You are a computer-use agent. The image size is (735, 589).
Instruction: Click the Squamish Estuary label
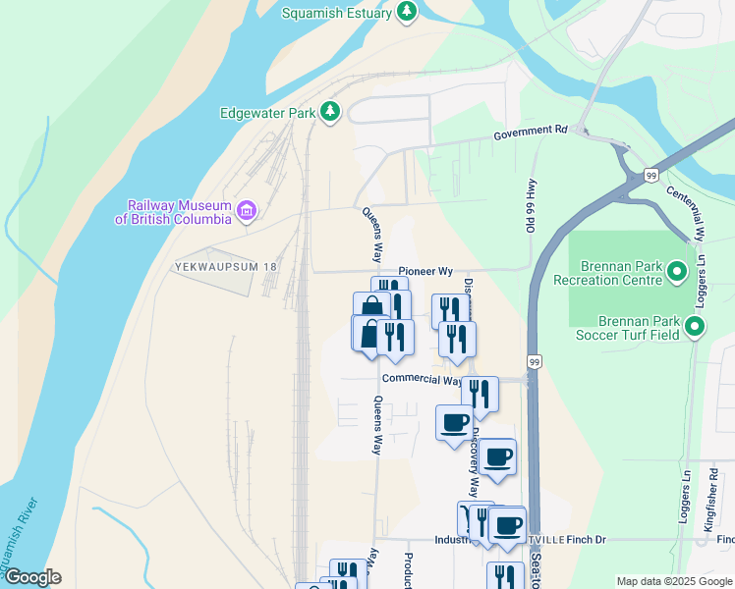(336, 13)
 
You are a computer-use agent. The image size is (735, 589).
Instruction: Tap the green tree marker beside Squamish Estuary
(407, 12)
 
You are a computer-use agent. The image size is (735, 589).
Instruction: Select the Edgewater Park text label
(268, 113)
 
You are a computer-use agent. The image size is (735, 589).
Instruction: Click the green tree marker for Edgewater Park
(332, 112)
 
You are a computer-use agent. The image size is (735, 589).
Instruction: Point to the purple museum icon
(246, 209)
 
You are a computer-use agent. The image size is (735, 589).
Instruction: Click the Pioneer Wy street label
(425, 271)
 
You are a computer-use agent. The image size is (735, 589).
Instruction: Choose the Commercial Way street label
(421, 380)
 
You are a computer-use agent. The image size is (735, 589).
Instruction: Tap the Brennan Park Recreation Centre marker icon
(676, 271)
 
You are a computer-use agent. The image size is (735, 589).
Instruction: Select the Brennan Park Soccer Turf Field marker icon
(696, 327)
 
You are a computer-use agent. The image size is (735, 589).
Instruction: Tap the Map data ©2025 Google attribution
(672, 581)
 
